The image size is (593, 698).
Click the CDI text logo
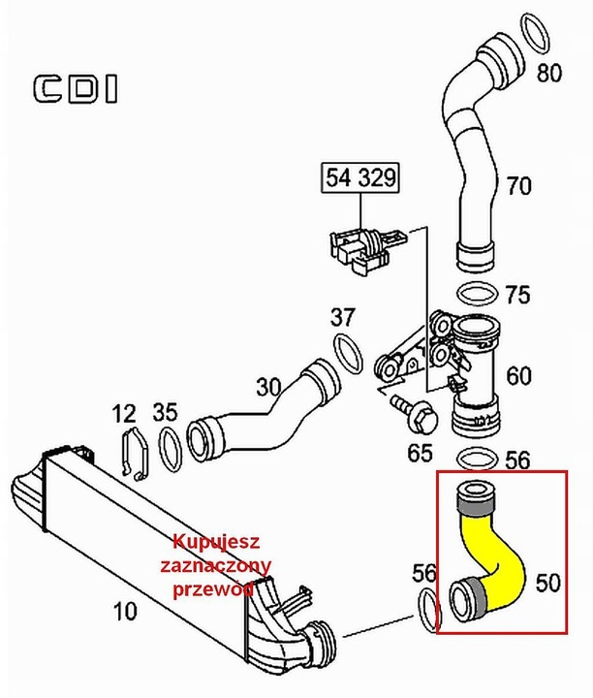point(76,89)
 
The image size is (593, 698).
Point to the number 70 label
point(520,184)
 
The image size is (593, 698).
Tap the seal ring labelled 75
point(478,294)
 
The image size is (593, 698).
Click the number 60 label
point(519,375)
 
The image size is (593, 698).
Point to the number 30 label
point(269,387)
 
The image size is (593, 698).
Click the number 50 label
point(547,583)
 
